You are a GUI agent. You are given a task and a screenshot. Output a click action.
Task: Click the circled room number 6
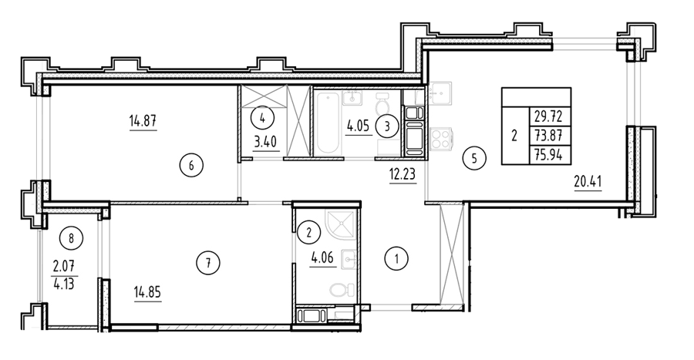point(191,166)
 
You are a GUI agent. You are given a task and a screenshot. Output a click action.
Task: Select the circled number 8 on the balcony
point(71,239)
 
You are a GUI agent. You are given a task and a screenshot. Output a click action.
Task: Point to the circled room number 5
point(474,158)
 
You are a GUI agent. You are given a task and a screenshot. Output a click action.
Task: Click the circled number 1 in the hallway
point(396,259)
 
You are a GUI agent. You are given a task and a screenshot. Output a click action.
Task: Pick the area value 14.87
point(143,120)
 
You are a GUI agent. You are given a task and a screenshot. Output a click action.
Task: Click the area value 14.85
point(147,293)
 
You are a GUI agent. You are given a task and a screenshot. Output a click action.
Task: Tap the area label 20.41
point(588,181)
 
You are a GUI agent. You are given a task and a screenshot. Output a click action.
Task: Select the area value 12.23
point(403,174)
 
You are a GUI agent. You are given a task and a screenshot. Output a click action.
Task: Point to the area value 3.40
point(265,143)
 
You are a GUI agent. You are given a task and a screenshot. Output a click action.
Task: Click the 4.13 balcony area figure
point(63,283)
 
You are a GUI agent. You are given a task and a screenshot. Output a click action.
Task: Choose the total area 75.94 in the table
point(548,155)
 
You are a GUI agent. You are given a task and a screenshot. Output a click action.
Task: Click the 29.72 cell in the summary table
point(548,116)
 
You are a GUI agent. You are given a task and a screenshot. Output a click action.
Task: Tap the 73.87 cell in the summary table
point(548,136)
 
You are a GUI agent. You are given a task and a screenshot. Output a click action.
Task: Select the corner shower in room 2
point(340,224)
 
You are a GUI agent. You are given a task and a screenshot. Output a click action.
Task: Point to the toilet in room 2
point(342,290)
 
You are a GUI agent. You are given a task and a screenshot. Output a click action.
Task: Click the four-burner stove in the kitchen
point(441,137)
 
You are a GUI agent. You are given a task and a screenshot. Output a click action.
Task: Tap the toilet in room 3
point(382,105)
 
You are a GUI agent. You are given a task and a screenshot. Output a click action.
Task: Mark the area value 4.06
point(323,258)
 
